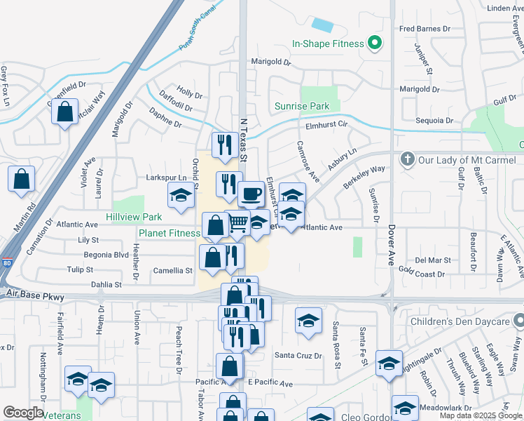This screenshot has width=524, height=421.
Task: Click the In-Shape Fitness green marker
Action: click(374, 44)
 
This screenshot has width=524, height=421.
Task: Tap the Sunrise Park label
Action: click(301, 107)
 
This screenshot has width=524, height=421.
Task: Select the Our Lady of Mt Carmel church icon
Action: click(408, 159)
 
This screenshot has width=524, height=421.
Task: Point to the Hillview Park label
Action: click(134, 218)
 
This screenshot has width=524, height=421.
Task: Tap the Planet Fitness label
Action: click(169, 233)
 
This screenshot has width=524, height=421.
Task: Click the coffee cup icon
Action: click(251, 193)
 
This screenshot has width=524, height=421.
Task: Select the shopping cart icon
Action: click(238, 223)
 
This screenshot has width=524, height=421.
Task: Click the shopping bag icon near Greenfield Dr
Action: click(65, 112)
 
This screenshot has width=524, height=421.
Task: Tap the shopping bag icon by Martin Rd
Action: click(22, 179)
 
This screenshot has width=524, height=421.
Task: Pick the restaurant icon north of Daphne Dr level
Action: click(225, 145)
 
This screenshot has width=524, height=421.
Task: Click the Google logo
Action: click(23, 413)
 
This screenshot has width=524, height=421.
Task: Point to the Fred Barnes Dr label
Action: click(425, 29)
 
